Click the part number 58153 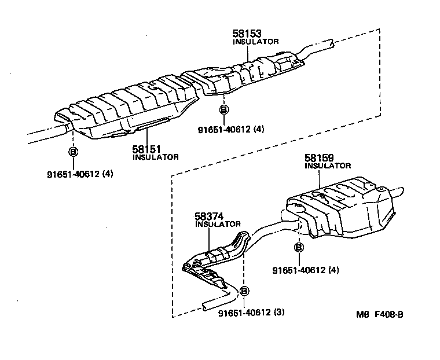pos(247,34)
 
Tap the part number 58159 pos(319,157)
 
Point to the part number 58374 pos(209,216)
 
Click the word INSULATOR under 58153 pos(255,42)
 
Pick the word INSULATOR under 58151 pos(156,157)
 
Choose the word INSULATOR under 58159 pos(328,166)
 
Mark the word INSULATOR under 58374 pos(218,224)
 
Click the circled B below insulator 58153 pos(224,109)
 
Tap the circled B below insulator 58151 pos(74,152)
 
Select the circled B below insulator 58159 pos(299,248)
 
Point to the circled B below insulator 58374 pos(244,291)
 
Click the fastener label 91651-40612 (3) pos(252,313)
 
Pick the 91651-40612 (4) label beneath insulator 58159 pos(306,270)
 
